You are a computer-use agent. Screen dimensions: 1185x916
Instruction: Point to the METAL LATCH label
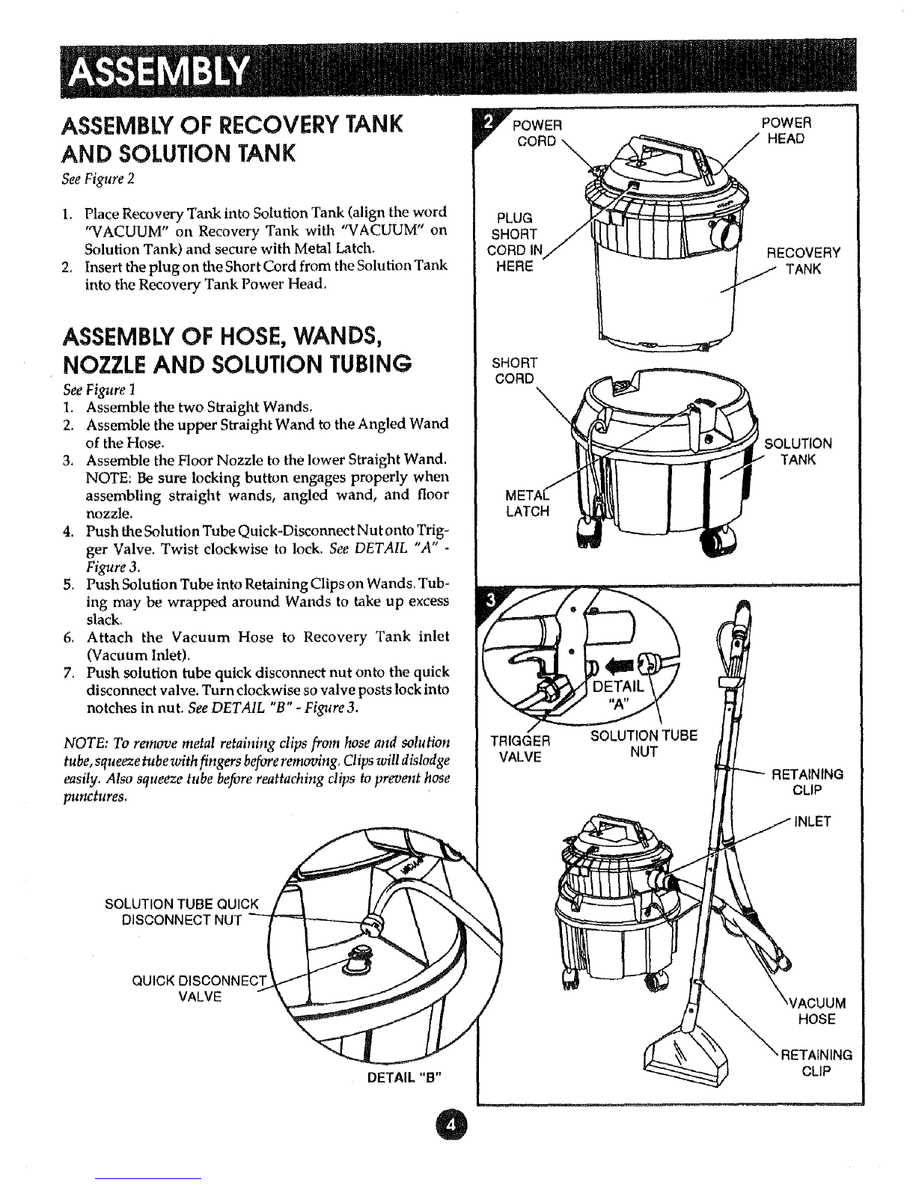[x=528, y=504]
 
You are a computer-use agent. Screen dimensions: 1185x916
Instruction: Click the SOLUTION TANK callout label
[x=798, y=451]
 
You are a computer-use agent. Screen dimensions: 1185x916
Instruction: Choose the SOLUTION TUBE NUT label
[x=644, y=744]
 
